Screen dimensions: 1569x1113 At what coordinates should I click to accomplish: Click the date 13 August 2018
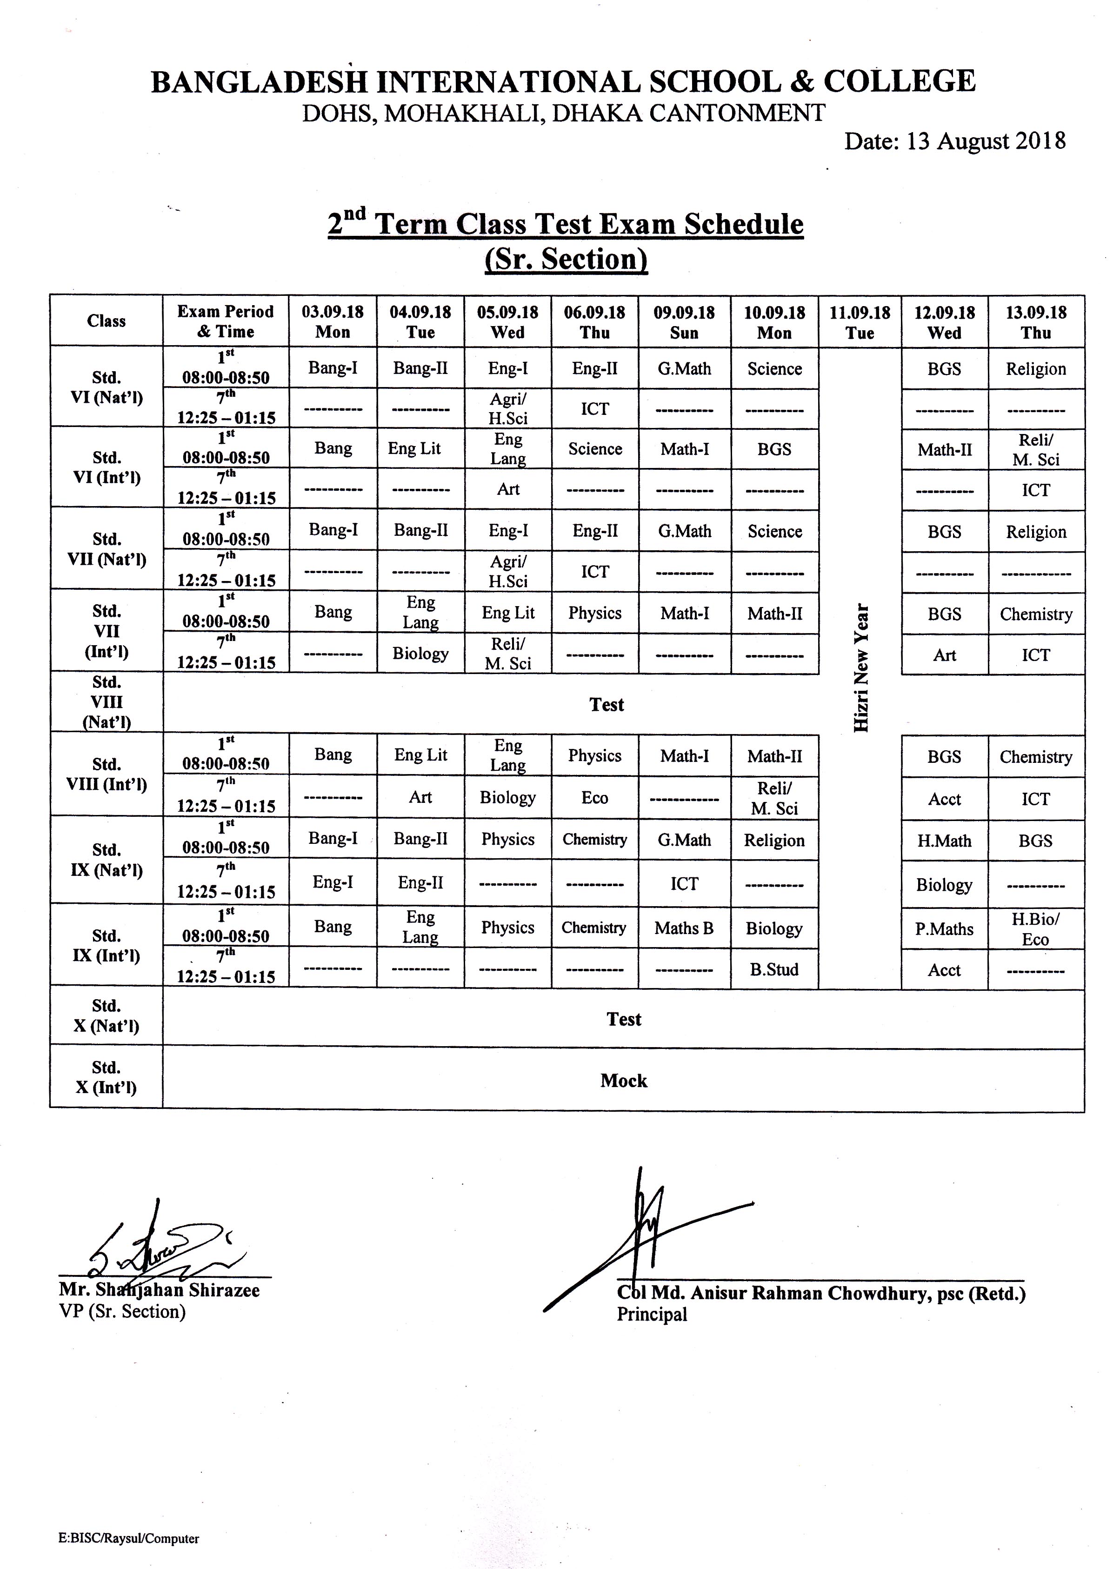pos(955,141)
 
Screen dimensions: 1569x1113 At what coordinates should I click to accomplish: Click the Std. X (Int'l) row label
pos(106,1077)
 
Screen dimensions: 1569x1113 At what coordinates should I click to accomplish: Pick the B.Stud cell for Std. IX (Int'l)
pos(774,969)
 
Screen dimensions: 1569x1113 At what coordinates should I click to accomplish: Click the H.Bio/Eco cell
pos(1035,929)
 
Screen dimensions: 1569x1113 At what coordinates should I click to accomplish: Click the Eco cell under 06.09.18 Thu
pos(594,797)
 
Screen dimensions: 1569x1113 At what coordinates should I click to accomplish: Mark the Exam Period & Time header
pos(226,321)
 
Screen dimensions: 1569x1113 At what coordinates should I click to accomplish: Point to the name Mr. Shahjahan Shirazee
pos(159,1290)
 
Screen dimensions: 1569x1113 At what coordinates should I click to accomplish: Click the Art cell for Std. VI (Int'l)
pos(508,489)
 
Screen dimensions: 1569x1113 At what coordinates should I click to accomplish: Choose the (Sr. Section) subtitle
pos(566,259)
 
